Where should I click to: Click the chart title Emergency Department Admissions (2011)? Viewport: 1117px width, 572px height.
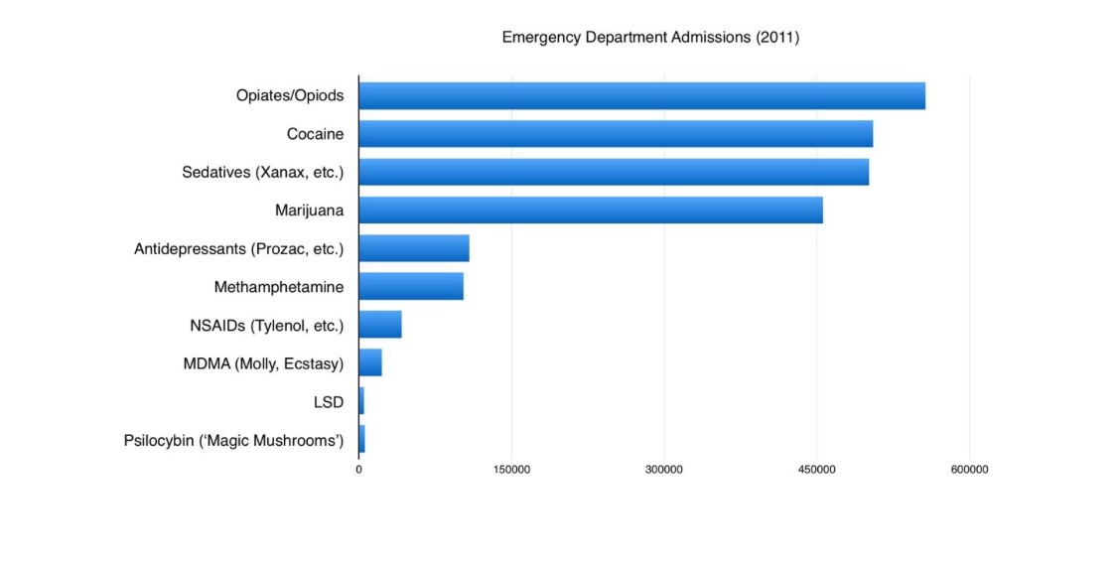coord(650,38)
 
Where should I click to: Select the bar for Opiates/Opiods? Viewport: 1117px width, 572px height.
coord(641,96)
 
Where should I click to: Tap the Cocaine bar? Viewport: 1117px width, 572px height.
coord(616,134)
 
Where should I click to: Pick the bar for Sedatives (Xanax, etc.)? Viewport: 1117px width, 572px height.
coord(614,172)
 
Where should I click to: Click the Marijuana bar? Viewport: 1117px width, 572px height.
coord(591,211)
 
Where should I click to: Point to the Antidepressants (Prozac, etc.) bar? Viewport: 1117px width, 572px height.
coord(414,248)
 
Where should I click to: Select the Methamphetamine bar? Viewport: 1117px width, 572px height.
coord(411,286)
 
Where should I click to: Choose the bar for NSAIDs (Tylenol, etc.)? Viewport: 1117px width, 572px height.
coord(380,325)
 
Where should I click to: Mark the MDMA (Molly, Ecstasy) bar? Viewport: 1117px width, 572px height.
coord(370,362)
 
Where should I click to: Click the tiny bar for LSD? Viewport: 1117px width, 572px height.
coord(361,401)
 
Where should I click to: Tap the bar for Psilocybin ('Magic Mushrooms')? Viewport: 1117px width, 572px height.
coord(361,439)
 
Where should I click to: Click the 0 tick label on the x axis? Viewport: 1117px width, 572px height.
coord(358,470)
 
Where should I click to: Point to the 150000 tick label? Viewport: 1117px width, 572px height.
coord(511,470)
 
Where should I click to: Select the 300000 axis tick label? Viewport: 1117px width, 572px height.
coord(664,470)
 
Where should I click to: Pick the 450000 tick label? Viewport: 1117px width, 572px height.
coord(817,470)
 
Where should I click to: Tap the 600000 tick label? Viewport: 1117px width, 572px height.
coord(969,470)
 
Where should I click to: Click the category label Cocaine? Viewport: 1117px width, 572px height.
coord(315,134)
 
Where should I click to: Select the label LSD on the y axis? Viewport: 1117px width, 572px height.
coord(328,401)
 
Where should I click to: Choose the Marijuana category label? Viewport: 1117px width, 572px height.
coord(309,211)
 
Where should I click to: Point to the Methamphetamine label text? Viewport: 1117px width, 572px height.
coord(279,287)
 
